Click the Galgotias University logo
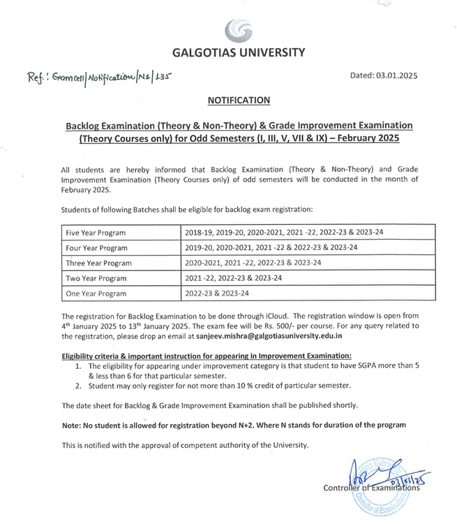238,31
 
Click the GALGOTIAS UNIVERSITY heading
238,52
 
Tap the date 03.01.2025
397,76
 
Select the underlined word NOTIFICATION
239,101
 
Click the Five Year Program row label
96,233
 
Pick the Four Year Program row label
96,248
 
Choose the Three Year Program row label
98,263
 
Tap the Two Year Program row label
96,279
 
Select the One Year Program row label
96,294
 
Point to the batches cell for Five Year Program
284,233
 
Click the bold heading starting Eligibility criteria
207,356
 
